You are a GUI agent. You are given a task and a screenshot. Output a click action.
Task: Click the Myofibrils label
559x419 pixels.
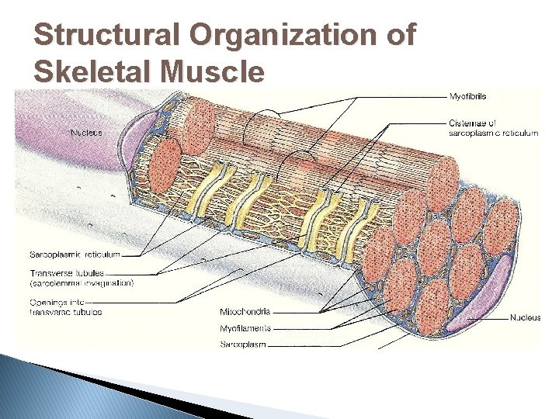(x=468, y=96)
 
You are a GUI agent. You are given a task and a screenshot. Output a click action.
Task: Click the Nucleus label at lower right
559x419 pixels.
(x=525, y=317)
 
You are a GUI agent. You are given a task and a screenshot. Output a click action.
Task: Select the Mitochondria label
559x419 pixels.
(x=245, y=313)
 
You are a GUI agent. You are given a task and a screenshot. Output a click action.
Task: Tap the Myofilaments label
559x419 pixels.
(x=246, y=328)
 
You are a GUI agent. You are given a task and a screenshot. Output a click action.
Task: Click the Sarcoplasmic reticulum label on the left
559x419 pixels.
(x=75, y=254)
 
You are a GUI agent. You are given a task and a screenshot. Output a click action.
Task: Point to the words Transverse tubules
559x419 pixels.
(x=67, y=273)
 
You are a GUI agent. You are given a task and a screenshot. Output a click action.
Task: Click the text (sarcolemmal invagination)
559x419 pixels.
(x=82, y=283)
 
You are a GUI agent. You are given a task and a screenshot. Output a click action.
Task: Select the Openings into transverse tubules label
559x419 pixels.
(x=65, y=306)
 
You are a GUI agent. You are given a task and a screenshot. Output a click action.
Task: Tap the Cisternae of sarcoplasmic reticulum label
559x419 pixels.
(x=493, y=128)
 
